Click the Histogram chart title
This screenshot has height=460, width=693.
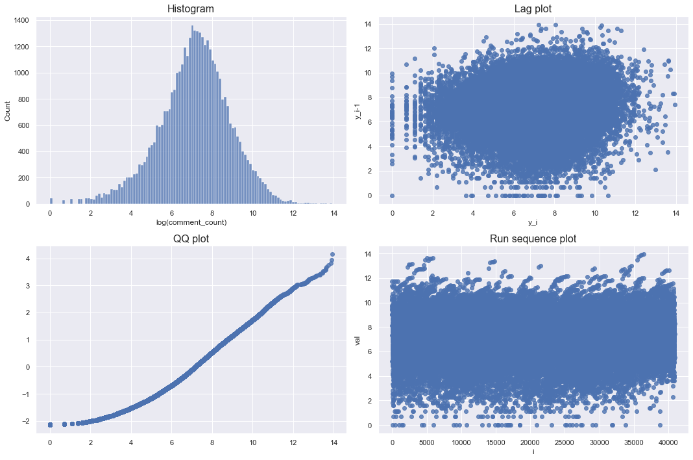[190, 9]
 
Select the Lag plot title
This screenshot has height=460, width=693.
[533, 9]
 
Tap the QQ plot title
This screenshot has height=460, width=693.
[190, 239]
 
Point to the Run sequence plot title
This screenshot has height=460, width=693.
[533, 239]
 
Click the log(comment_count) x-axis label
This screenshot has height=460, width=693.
[191, 223]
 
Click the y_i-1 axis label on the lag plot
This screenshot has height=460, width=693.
[358, 107]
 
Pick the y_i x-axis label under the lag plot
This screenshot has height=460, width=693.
[533, 223]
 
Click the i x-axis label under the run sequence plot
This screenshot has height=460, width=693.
[533, 452]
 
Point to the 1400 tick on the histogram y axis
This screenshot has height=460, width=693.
[21, 21]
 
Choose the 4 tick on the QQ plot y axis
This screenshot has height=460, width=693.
[27, 258]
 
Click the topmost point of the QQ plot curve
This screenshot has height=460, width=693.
[332, 255]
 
